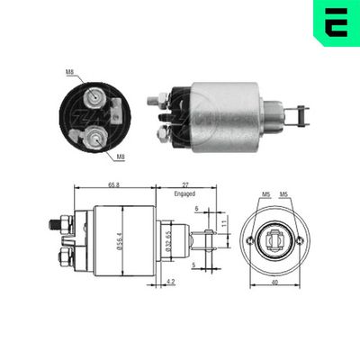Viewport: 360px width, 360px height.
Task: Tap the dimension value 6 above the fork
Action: [x=194, y=209]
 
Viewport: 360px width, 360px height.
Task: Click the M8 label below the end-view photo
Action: [x=121, y=154]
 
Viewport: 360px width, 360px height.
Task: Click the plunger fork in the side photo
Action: [x=297, y=112]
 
